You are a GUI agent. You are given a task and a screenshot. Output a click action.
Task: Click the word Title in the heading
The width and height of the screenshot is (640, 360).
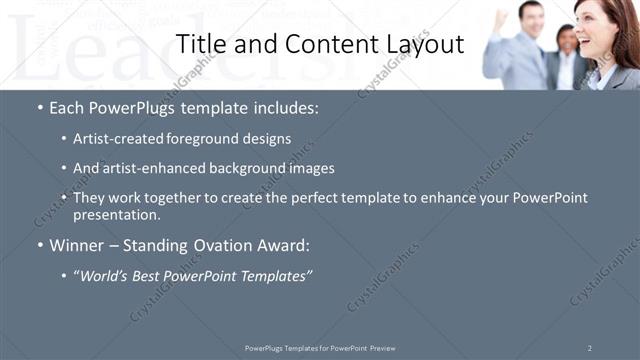coord(200,45)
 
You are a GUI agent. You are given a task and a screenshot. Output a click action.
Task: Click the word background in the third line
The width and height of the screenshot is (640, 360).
coord(233,168)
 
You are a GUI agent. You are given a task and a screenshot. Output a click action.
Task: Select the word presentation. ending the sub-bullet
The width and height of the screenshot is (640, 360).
coord(117,214)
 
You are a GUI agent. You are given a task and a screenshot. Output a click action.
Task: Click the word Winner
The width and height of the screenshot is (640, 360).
coord(77,245)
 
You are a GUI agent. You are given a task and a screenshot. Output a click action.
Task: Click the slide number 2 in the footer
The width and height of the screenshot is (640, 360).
coord(590,348)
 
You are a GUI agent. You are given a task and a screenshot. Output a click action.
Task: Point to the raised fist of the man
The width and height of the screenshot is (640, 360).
coord(501,18)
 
